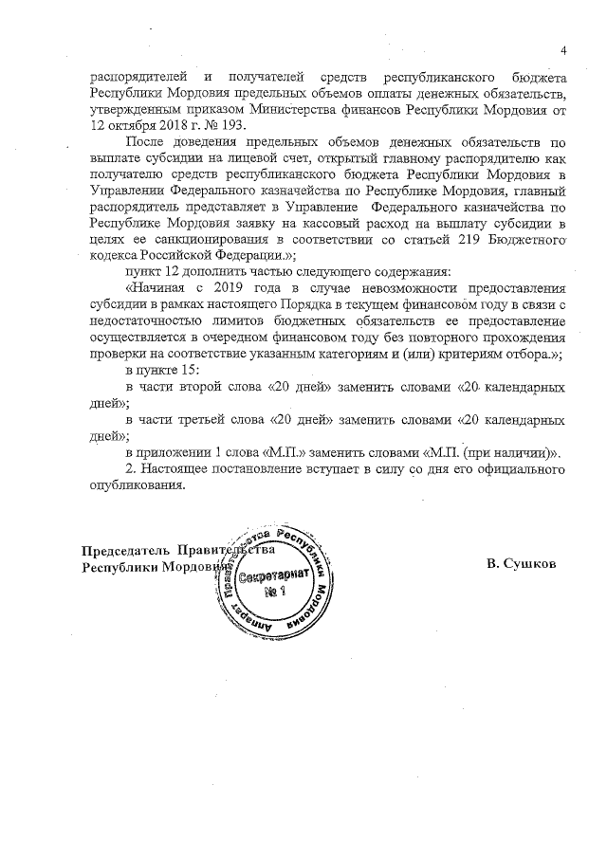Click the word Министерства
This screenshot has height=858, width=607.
pyautogui.click(x=347, y=109)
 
